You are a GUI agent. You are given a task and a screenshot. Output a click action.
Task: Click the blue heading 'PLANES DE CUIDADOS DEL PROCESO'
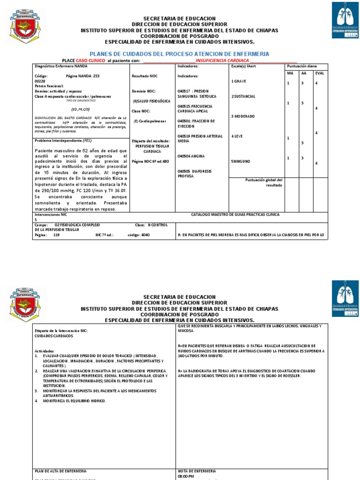point(179,54)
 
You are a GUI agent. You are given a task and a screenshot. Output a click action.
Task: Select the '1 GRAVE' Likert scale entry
point(240,81)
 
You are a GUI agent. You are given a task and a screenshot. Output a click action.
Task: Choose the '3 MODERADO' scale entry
point(243,116)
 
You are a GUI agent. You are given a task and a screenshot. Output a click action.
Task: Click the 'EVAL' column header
point(319,73)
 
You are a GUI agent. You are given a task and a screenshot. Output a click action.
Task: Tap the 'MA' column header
point(290,73)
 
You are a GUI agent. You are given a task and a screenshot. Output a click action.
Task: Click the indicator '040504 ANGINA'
point(191,156)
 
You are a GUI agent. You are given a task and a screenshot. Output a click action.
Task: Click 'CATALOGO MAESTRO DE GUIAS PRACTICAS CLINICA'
point(235,214)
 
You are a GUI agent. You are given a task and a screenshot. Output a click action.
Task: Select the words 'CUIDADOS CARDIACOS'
point(53,336)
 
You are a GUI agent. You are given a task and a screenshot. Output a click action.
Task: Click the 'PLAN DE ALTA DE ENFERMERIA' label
point(61,471)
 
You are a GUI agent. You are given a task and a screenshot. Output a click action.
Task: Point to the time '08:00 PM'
point(186,476)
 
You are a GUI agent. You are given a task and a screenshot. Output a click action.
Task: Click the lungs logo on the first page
point(345,20)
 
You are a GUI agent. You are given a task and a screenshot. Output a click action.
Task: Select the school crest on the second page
point(28,306)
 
